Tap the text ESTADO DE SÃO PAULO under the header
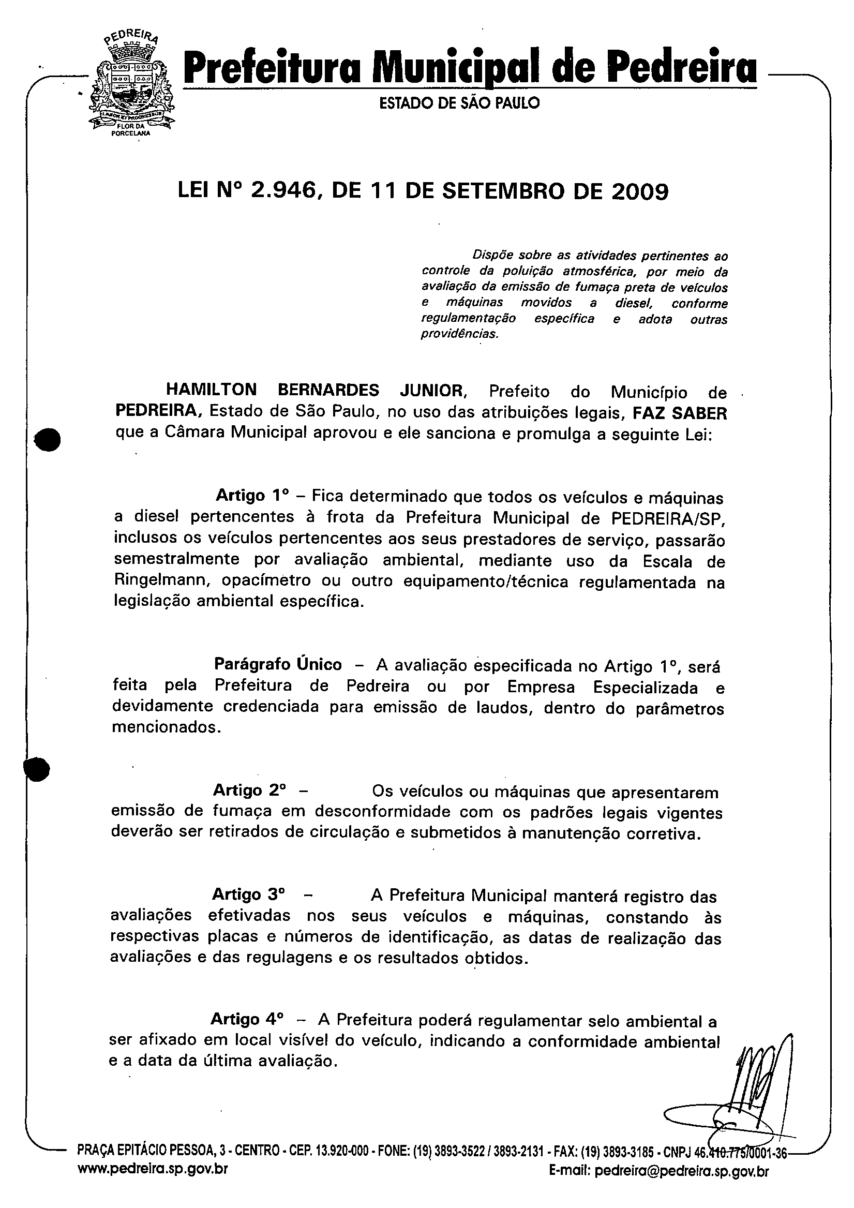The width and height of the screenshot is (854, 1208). click(x=459, y=103)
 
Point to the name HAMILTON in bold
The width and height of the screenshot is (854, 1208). click(x=212, y=390)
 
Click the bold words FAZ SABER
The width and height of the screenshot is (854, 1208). click(x=679, y=413)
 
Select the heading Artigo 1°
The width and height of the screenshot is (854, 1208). click(x=252, y=496)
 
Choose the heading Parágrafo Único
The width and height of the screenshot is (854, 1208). click(x=278, y=664)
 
